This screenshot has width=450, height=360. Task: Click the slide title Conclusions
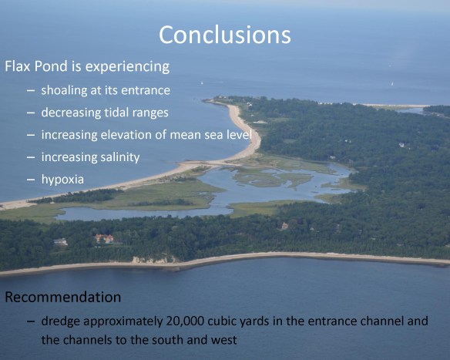(x=224, y=35)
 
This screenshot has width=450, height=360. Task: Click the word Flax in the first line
(x=18, y=66)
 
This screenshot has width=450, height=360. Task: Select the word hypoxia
(x=64, y=180)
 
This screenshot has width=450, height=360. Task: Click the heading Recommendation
(x=63, y=297)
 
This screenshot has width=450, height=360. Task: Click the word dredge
(x=62, y=321)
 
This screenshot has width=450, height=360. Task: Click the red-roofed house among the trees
(x=103, y=239)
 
